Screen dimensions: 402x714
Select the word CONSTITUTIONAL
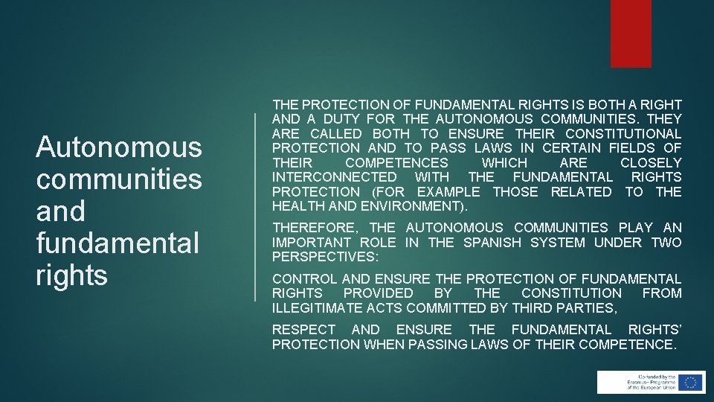pyautogui.click(x=623, y=134)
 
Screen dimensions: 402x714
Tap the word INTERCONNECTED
pyautogui.click(x=335, y=177)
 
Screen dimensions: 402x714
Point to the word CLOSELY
pyautogui.click(x=651, y=163)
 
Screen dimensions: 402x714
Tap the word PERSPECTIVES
pyautogui.click(x=324, y=257)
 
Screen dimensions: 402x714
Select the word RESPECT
pyautogui.click(x=303, y=329)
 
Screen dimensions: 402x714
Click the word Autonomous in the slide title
pyautogui.click(x=119, y=147)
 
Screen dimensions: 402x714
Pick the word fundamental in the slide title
pyautogui.click(x=118, y=243)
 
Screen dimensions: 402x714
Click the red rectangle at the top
pyautogui.click(x=631, y=33)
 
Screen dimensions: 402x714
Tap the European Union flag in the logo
pyautogui.click(x=691, y=382)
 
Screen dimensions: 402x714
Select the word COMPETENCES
pyautogui.click(x=397, y=163)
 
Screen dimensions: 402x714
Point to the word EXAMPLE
pyautogui.click(x=448, y=192)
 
